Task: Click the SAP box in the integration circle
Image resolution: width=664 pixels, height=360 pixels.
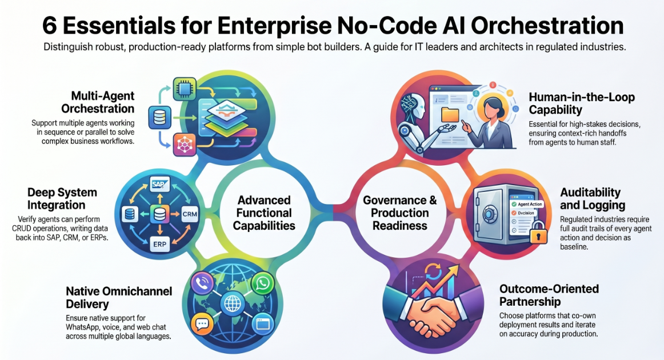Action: coord(159,184)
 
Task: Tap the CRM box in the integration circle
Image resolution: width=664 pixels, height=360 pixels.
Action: coord(189,214)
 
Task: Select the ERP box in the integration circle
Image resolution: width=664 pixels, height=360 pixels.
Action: coord(159,244)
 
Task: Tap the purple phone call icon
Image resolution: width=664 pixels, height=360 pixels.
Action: coord(202,283)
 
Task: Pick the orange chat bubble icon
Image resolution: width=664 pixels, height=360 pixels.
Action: coord(202,324)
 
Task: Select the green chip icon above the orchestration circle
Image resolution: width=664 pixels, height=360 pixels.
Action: coord(185,88)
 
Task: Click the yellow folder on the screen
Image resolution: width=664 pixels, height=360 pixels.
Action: coord(450,115)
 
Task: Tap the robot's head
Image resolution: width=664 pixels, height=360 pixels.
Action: coord(413,107)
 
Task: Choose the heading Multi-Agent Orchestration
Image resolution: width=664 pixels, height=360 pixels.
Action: coord(98,102)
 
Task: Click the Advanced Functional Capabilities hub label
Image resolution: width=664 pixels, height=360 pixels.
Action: coord(264,213)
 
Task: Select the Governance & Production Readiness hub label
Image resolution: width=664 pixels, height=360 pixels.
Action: coord(399,213)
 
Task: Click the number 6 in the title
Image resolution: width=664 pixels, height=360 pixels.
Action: coord(50,26)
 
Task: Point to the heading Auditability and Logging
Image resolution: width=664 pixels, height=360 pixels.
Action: coord(593,199)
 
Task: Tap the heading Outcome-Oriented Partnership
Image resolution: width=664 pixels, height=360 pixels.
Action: coord(549,295)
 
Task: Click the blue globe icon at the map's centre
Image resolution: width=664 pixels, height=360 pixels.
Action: coord(232,303)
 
